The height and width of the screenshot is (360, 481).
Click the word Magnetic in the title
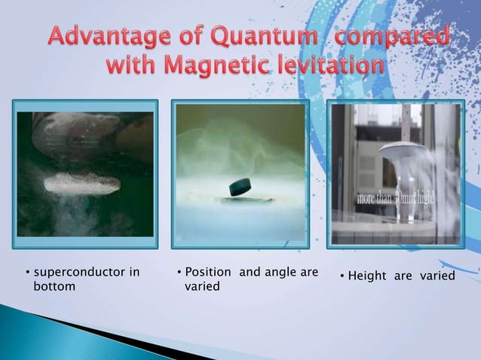[222, 66]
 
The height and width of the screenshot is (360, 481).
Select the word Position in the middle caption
[209, 272]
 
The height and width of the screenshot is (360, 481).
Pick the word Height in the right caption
[367, 276]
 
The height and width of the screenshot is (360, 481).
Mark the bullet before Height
[342, 277]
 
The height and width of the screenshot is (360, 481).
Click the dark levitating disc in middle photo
[240, 185]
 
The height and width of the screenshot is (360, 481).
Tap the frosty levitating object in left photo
[81, 183]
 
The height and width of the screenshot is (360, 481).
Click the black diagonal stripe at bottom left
[113, 331]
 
